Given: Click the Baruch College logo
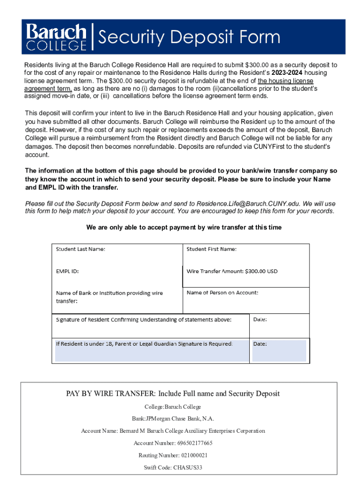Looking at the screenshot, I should click(57, 37).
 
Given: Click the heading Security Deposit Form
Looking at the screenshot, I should click(189, 37).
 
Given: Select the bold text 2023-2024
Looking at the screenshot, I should click(285, 73).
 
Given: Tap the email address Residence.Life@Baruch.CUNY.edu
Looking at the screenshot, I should click(250, 204).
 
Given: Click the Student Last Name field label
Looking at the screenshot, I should click(80, 249).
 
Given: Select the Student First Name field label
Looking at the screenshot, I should click(211, 249).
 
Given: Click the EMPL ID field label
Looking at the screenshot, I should click(68, 271).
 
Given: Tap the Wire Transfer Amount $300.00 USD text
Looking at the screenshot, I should click(232, 271).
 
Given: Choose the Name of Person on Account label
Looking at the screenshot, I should click(222, 293).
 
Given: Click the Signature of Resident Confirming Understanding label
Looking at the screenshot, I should click(144, 320).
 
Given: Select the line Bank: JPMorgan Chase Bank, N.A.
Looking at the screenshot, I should click(173, 419).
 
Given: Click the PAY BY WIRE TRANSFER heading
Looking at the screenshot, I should click(173, 393).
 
